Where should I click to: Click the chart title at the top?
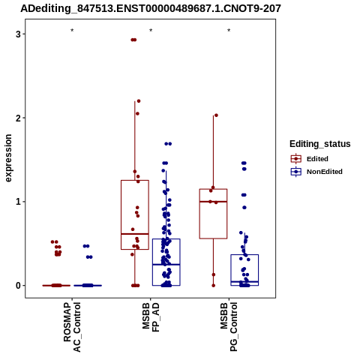(151, 8)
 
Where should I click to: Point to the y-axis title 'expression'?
(8, 158)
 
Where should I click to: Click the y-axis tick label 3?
(18, 34)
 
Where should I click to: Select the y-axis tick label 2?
(18, 118)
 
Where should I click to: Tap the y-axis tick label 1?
(18, 202)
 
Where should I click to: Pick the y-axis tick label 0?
(18, 286)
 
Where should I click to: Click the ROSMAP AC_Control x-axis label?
(72, 327)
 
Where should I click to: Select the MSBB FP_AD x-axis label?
(151, 317)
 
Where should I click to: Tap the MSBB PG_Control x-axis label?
(229, 326)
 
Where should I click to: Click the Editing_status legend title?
(320, 144)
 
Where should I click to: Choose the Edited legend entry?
(309, 159)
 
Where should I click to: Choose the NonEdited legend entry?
(316, 172)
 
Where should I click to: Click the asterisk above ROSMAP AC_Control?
(72, 31)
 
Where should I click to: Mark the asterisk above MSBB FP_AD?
(151, 31)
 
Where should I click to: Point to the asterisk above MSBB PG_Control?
(229, 31)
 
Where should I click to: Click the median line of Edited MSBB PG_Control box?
(213, 202)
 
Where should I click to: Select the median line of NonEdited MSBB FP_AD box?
(166, 264)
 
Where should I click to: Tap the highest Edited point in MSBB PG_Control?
(216, 115)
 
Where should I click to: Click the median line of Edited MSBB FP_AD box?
(135, 234)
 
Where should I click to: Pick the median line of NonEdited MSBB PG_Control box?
(244, 282)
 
